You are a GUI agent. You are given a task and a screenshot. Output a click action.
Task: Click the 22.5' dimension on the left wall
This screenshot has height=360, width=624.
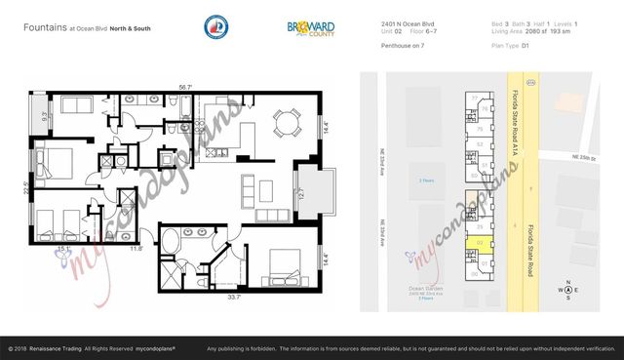[x=27, y=190]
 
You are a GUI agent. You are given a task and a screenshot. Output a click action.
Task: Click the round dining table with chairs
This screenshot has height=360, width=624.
[x=285, y=122]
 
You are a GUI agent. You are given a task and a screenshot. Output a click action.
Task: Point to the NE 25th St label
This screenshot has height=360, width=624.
[x=590, y=154]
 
